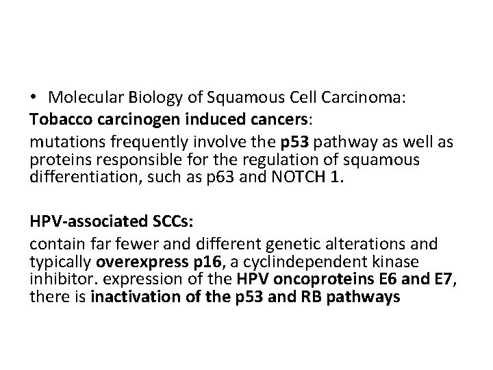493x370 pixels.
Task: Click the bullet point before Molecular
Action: click(34, 98)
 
